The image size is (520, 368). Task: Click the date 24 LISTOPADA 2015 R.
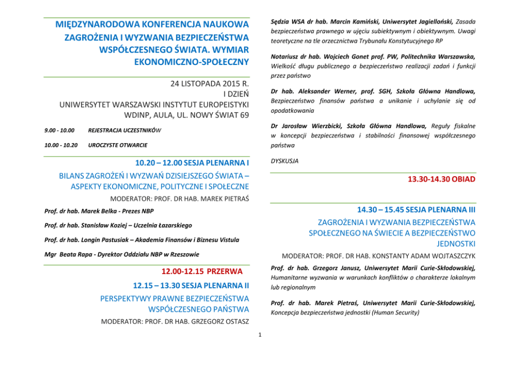[x=210, y=84]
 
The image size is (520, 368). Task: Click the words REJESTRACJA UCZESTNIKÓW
[x=125, y=131]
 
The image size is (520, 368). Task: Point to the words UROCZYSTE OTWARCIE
[x=118, y=145]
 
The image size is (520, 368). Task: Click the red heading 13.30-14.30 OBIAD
[x=441, y=179]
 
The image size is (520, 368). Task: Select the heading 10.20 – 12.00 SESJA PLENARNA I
[x=192, y=163]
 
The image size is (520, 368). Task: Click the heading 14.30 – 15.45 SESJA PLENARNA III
[x=416, y=209]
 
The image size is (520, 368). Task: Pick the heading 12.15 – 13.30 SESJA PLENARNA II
[x=191, y=286]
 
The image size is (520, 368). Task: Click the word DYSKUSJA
[x=285, y=161]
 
